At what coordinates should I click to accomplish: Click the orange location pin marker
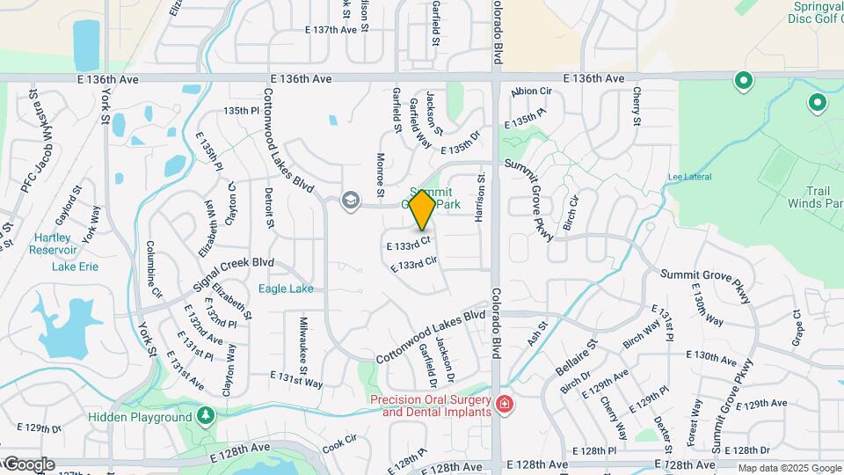tap(422, 209)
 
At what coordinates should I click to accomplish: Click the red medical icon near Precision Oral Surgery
tap(505, 405)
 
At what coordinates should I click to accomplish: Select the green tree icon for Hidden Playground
tap(206, 415)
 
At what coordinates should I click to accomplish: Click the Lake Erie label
tap(76, 267)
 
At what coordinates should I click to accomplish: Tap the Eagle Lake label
tap(286, 289)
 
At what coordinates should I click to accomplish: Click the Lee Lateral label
tap(688, 176)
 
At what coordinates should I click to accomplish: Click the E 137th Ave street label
tap(331, 30)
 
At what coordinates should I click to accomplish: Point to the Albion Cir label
tap(531, 91)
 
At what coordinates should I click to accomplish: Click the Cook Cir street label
tap(338, 439)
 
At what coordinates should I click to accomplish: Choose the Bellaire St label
tap(576, 358)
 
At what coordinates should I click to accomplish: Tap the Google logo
tap(28, 464)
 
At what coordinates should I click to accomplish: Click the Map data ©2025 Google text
tap(789, 468)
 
